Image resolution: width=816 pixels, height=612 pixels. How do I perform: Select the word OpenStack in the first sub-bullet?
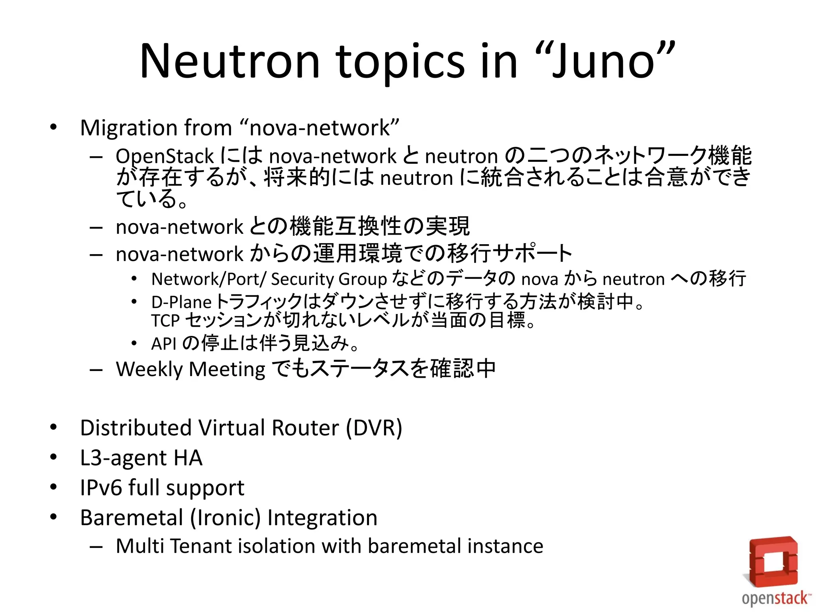(x=165, y=156)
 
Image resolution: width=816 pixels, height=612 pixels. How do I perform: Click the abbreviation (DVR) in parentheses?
(x=374, y=428)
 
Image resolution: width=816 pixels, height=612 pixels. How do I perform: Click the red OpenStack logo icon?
(x=773, y=561)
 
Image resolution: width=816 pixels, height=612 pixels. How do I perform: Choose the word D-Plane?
(x=181, y=302)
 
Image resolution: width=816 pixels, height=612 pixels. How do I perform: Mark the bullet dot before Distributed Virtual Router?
(x=53, y=427)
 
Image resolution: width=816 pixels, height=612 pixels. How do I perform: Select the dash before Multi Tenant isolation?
(x=96, y=547)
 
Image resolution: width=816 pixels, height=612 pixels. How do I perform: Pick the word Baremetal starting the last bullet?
(x=131, y=518)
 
